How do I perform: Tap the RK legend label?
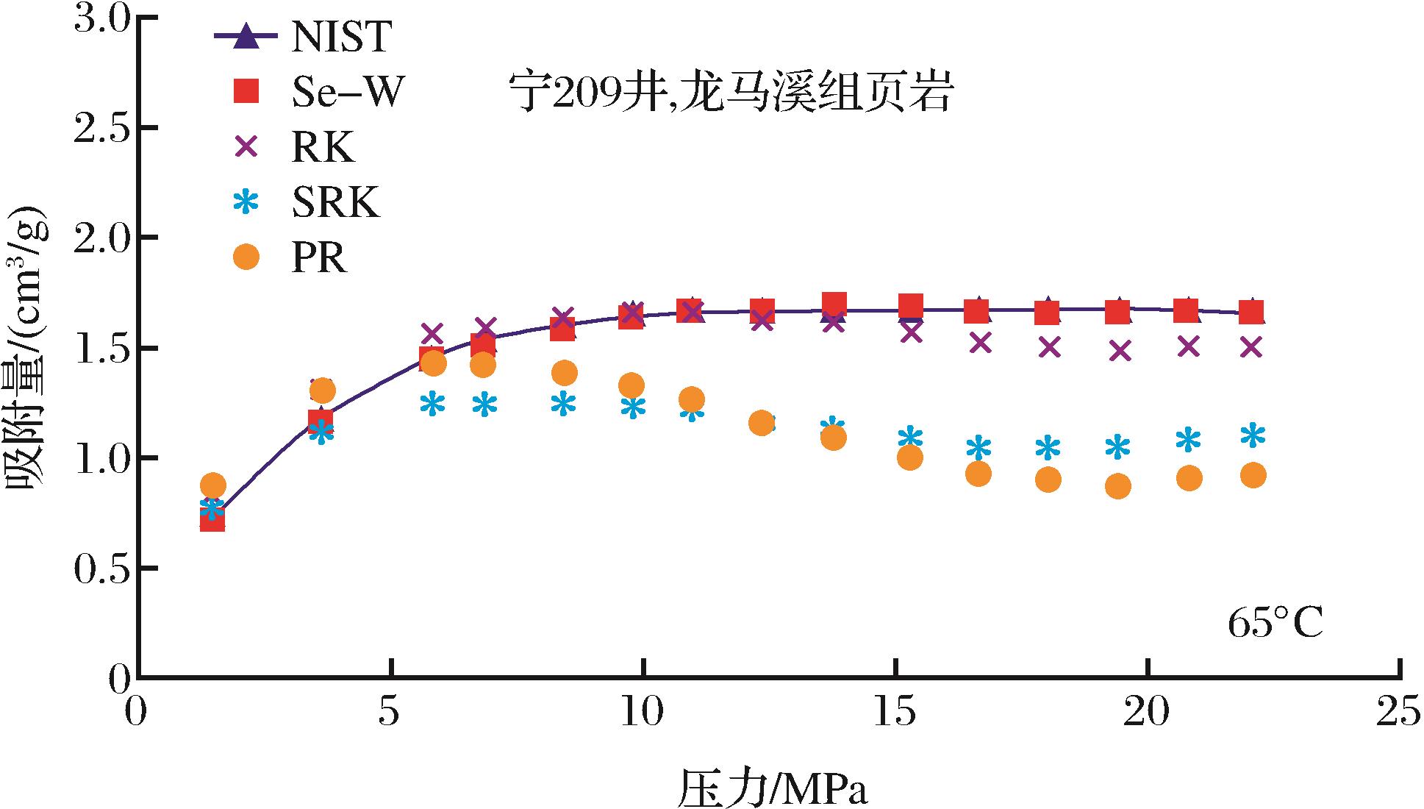coord(323,148)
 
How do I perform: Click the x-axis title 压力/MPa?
coord(771,788)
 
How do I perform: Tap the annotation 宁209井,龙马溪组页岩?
coord(731,94)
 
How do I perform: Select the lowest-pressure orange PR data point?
coord(212,485)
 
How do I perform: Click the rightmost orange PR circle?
coord(1253,475)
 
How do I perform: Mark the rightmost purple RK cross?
coord(1251,346)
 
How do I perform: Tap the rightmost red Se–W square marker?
coord(1251,312)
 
